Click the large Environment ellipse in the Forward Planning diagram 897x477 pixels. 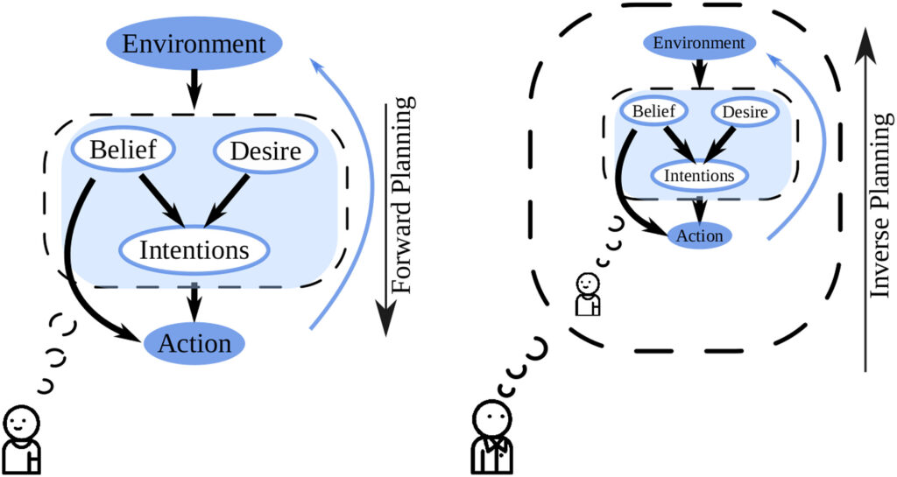coord(194,44)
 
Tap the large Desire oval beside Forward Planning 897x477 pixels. coord(264,152)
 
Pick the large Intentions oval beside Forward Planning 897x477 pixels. coord(194,250)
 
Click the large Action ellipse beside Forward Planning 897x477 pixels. coord(194,343)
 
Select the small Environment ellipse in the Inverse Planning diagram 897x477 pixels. coord(698,43)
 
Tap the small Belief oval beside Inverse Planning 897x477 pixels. coord(652,112)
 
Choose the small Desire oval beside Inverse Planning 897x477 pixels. coord(745,113)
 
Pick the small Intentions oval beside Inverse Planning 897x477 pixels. coord(698,175)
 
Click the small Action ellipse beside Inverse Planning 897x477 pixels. coord(699,235)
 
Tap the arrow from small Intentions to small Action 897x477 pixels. coord(698,208)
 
